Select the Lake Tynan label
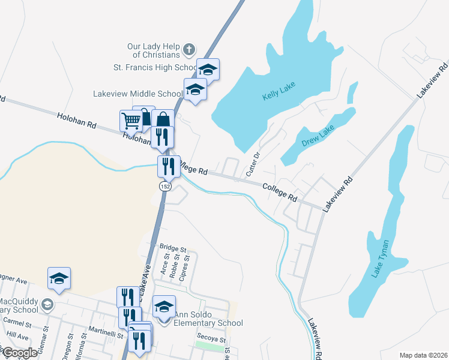[381, 259]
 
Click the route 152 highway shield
[164, 187]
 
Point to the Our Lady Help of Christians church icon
[188, 49]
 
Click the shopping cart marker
[131, 121]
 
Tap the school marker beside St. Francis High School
[208, 70]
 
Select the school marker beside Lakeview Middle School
[195, 91]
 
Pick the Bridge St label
[173, 247]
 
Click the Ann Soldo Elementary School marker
[164, 307]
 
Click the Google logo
[20, 353]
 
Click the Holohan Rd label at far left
[76, 120]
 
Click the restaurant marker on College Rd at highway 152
[169, 166]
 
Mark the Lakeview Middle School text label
[137, 94]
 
